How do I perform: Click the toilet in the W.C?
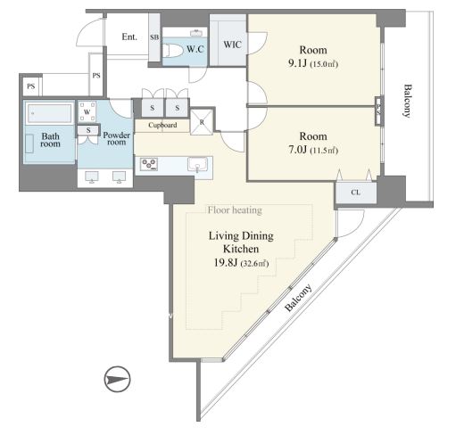(172, 51)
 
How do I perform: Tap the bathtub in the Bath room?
(49, 113)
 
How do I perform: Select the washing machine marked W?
(87, 111)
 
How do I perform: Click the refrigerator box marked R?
(202, 122)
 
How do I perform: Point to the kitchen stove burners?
(149, 164)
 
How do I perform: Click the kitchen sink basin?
(197, 164)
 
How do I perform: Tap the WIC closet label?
(232, 45)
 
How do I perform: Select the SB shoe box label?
(154, 37)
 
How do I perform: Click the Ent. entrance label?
(129, 37)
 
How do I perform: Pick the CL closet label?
(355, 193)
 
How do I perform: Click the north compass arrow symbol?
(118, 380)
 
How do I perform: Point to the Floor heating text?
(235, 210)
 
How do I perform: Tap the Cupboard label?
(162, 125)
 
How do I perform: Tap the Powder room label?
(117, 139)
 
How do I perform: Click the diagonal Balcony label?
(298, 298)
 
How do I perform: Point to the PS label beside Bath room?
(31, 86)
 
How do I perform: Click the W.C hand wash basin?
(195, 33)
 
